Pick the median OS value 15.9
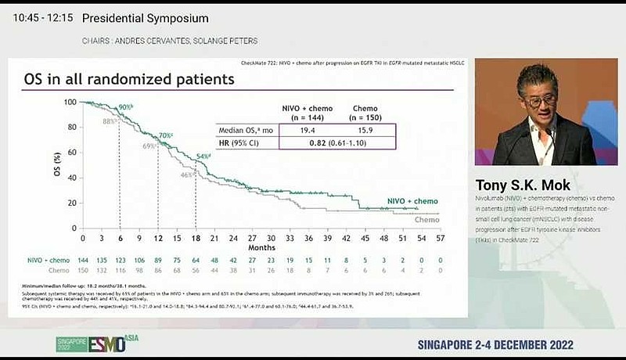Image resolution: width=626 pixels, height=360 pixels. pyautogui.click(x=365, y=131)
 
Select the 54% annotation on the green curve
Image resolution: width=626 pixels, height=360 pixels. pyautogui.click(x=203, y=157)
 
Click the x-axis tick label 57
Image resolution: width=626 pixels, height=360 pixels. pyautogui.click(x=440, y=236)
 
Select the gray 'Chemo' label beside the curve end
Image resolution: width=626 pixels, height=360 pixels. pyautogui.click(x=426, y=220)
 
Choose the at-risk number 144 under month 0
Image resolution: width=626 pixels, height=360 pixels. pyautogui.click(x=84, y=259)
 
